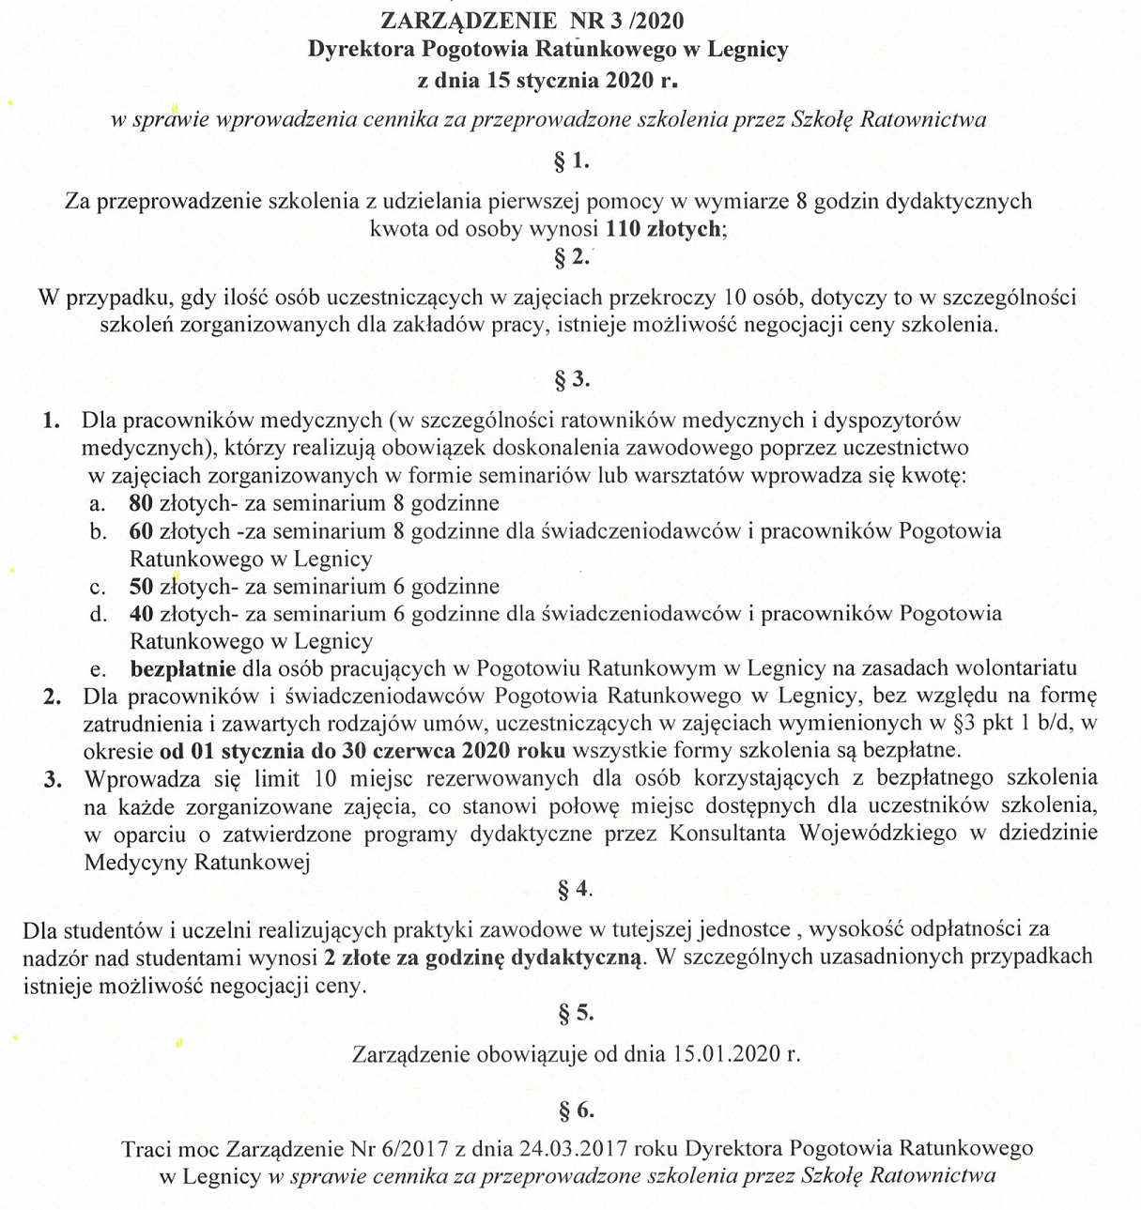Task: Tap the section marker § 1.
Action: pyautogui.click(x=572, y=161)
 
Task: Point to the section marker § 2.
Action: pyautogui.click(x=572, y=257)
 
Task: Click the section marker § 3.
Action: pyautogui.click(x=572, y=380)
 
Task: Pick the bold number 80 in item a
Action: pyautogui.click(x=141, y=503)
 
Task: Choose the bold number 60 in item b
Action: pyautogui.click(x=141, y=531)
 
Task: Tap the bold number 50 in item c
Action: pyautogui.click(x=141, y=587)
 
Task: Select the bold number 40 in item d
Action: pyautogui.click(x=141, y=614)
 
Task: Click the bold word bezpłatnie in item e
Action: pyautogui.click(x=183, y=669)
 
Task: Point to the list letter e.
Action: pyautogui.click(x=95, y=669)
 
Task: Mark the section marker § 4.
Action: pyautogui.click(x=574, y=889)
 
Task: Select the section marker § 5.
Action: pyautogui.click(x=575, y=1013)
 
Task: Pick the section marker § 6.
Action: pyautogui.click(x=575, y=1111)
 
